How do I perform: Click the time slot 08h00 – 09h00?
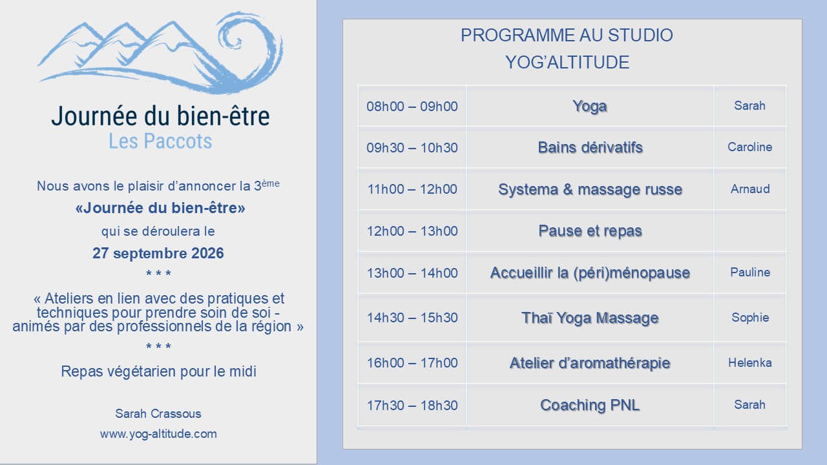[412, 107]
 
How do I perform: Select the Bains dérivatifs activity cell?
[590, 148]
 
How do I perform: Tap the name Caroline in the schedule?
[750, 147]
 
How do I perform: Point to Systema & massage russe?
[590, 189]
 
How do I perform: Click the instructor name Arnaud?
[750, 189]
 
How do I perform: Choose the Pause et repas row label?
[590, 231]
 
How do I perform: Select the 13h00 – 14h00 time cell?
[412, 273]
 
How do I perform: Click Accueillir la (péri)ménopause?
[590, 273]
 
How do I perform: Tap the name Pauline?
[750, 273]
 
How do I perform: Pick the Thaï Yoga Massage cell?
[590, 318]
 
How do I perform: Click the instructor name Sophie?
[750, 317]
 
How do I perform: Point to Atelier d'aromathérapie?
[590, 363]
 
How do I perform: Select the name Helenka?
[750, 363]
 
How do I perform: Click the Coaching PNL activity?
[590, 405]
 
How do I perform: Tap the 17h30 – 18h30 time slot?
[412, 406]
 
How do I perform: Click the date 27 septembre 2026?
[158, 254]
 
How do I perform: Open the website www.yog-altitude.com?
[158, 434]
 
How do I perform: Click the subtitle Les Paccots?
[160, 141]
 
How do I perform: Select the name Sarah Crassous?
[158, 414]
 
